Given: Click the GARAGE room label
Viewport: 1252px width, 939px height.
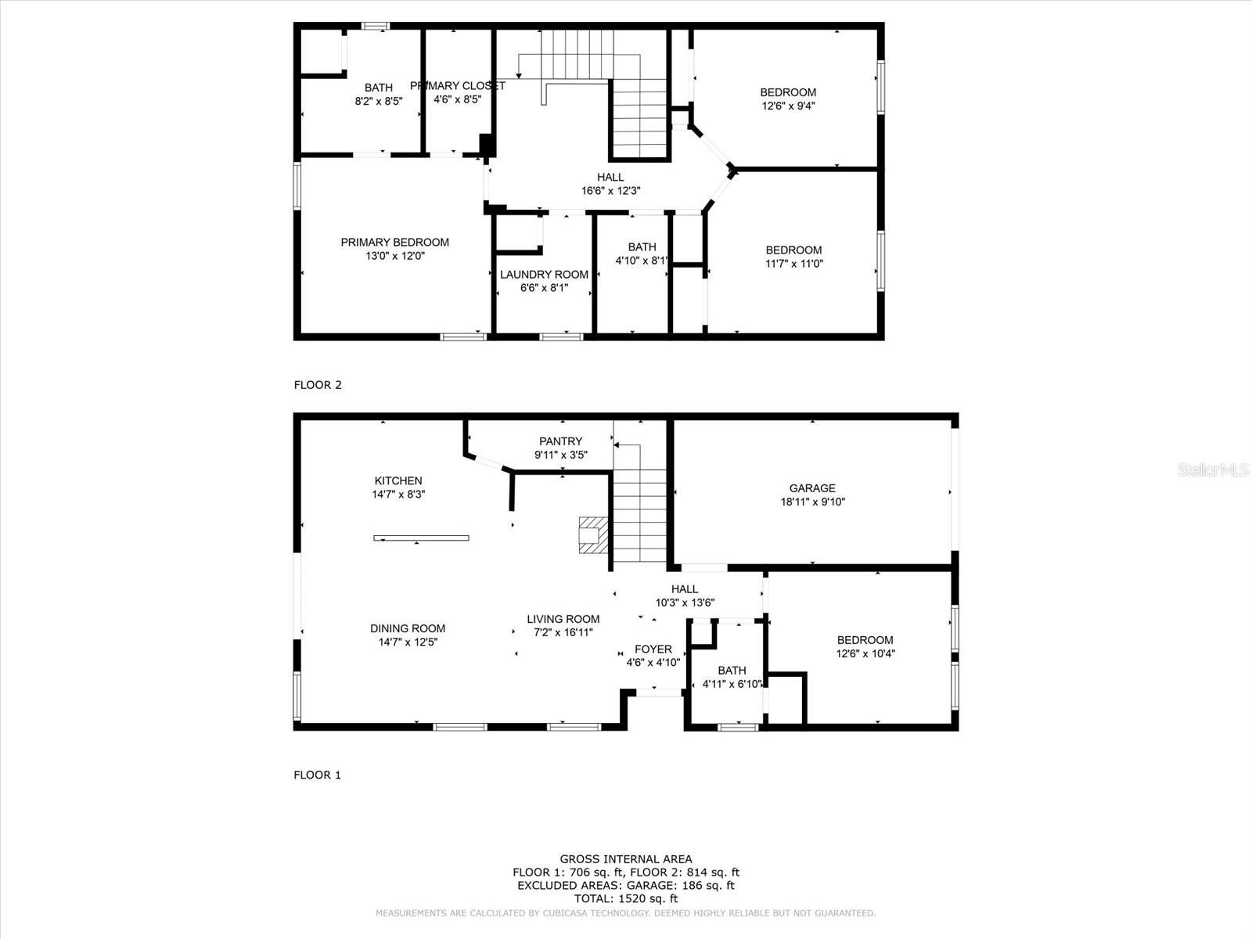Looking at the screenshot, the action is click(812, 488).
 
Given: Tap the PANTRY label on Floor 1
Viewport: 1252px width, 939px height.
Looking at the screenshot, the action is click(561, 441).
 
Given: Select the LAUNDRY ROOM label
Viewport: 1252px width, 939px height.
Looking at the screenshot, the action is click(544, 274).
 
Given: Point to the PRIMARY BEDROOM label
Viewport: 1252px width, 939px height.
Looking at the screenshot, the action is click(394, 243).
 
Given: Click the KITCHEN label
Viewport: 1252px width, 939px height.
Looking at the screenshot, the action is click(398, 480).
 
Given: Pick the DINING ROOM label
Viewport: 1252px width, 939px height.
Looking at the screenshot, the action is click(408, 628).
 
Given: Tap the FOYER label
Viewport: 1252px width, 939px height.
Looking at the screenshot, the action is click(653, 649).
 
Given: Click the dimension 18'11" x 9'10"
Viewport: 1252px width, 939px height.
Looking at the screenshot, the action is click(813, 502).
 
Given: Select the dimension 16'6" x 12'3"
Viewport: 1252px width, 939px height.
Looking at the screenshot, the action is click(611, 191).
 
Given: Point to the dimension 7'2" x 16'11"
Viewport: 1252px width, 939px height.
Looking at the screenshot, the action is click(563, 633).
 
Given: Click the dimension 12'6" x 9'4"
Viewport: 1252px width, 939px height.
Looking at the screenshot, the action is click(788, 106).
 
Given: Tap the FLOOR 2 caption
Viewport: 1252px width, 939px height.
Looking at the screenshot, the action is click(318, 385).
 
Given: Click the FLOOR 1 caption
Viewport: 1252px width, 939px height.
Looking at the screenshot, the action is click(317, 775).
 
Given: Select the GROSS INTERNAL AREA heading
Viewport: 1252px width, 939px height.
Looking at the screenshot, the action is click(626, 858).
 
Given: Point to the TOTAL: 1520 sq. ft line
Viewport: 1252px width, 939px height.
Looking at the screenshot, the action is click(626, 898).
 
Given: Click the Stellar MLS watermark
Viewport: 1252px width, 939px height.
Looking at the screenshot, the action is click(1213, 470).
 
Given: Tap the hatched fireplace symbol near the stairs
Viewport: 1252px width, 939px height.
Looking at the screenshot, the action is click(593, 534).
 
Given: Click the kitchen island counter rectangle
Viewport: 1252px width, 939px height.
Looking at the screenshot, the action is click(422, 538).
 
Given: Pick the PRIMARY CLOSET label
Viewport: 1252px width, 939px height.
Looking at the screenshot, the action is click(458, 86).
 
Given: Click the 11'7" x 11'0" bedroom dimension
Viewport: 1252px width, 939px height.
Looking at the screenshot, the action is click(794, 264).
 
